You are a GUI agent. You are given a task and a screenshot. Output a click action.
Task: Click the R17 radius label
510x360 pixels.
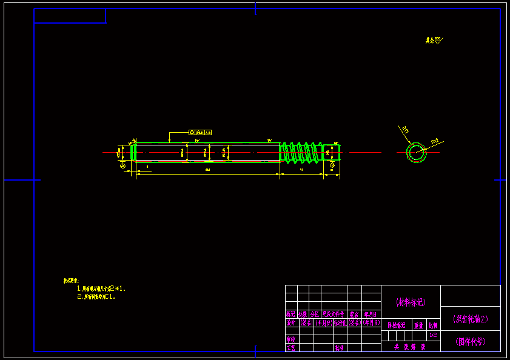pos(404,129)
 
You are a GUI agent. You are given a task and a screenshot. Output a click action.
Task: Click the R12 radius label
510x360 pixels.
pos(435,141)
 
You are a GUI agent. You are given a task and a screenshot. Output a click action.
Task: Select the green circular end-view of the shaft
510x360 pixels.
pos(417,152)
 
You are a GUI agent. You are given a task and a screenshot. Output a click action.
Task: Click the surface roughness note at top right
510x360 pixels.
pos(434,41)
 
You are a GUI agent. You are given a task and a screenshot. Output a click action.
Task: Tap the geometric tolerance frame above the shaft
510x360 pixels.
pos(200,132)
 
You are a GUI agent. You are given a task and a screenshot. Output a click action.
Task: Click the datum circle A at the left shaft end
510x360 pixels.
pos(123,165)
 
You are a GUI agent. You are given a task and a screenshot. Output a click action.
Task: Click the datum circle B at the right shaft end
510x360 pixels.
pos(332,165)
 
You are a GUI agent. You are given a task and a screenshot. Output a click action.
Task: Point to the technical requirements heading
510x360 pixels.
pos(72,281)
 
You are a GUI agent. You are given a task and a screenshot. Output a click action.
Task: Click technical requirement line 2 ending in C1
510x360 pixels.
pos(99,298)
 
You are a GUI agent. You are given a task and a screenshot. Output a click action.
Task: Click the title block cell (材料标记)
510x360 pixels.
pos(411,301)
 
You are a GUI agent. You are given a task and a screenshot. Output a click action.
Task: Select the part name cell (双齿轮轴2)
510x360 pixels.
pos(471,318)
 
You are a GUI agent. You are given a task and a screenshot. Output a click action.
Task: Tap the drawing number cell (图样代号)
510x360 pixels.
pos(471,341)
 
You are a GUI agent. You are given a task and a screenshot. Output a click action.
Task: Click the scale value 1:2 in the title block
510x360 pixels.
pos(433,335)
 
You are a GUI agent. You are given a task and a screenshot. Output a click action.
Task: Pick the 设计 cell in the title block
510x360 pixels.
pos(291,323)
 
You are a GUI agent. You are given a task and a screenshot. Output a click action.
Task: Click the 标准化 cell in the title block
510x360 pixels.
pos(339,323)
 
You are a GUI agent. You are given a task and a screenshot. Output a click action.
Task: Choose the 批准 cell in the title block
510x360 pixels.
pos(339,348)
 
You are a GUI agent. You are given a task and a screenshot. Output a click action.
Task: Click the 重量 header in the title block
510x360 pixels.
pos(418,325)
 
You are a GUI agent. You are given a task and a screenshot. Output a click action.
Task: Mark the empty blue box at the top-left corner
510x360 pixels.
pos(70,16)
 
